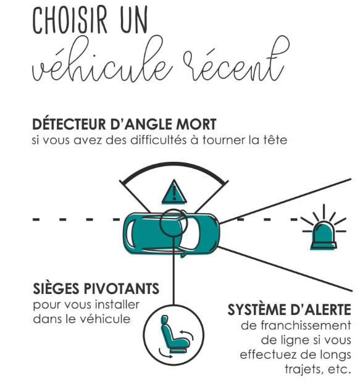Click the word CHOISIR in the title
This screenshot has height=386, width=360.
coord(70,20)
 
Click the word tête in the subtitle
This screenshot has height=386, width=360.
coord(275,140)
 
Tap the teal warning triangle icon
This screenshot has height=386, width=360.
coord(174,192)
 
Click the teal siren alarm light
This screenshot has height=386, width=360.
coord(324,236)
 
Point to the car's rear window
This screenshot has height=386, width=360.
coord(130,234)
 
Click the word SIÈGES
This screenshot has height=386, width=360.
coord(57,288)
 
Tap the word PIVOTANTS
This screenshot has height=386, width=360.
coord(122,289)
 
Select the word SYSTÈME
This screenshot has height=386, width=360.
coord(256,309)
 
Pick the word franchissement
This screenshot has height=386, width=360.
coord(306,325)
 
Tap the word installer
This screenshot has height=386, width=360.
coord(117,304)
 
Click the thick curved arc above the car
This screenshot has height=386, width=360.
coord(174,166)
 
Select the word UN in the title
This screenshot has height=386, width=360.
coord(134,20)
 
